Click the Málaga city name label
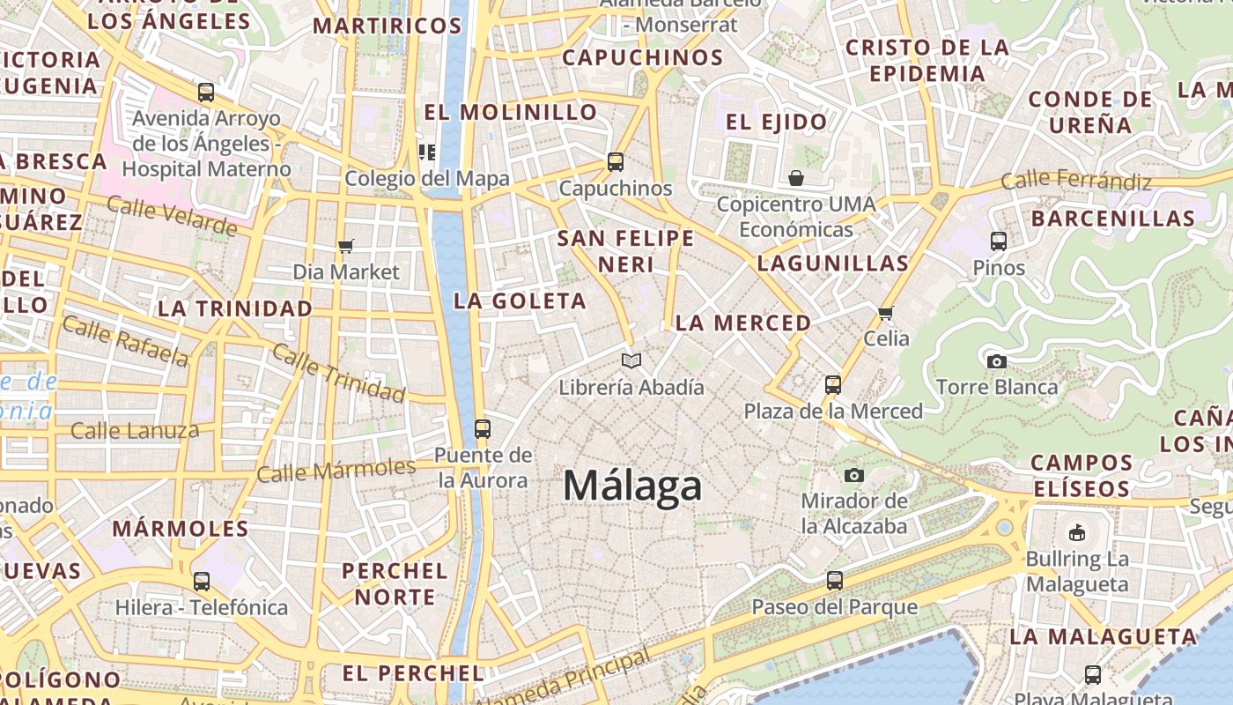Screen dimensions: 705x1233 click(x=632, y=486)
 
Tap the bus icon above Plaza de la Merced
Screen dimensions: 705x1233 click(x=833, y=385)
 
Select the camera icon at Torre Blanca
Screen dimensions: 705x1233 click(x=997, y=361)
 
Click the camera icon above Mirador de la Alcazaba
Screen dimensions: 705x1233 click(x=853, y=476)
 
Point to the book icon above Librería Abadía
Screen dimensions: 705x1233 click(x=631, y=360)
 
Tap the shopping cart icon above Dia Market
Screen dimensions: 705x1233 click(x=346, y=247)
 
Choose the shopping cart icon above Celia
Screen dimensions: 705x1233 click(x=886, y=313)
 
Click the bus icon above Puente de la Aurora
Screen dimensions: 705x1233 click(x=483, y=429)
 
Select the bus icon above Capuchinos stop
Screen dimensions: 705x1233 click(x=616, y=162)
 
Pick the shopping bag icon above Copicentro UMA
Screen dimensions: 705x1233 click(x=796, y=179)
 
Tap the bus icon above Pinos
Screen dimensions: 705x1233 click(x=999, y=241)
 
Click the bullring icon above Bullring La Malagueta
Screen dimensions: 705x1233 click(x=1077, y=532)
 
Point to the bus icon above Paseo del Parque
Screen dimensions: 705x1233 click(x=834, y=581)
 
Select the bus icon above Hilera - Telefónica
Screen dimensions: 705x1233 click(x=202, y=582)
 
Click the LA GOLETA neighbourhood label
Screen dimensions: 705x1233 click(x=520, y=301)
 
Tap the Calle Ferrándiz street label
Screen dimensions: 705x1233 click(x=1076, y=182)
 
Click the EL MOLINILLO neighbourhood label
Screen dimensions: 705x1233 click(x=511, y=112)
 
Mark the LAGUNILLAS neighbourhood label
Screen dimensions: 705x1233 click(x=833, y=263)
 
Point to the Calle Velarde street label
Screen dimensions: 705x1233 click(x=172, y=216)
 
